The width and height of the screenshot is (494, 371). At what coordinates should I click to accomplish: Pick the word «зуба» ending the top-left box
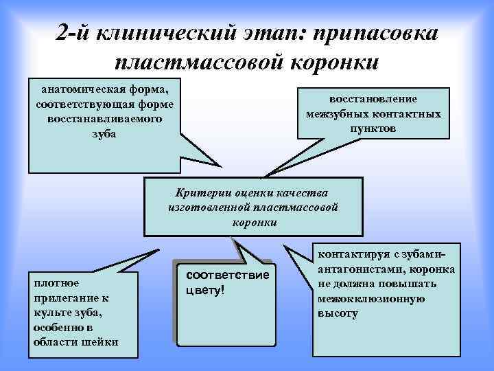(104, 133)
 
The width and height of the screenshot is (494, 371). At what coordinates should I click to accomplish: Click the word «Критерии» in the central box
(202, 192)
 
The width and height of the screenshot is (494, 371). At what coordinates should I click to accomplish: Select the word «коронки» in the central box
(255, 222)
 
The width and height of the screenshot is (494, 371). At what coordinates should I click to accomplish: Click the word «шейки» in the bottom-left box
(102, 343)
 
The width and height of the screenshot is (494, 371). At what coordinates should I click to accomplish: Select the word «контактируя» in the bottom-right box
(349, 254)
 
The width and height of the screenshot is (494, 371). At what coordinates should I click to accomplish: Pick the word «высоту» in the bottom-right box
(338, 313)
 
